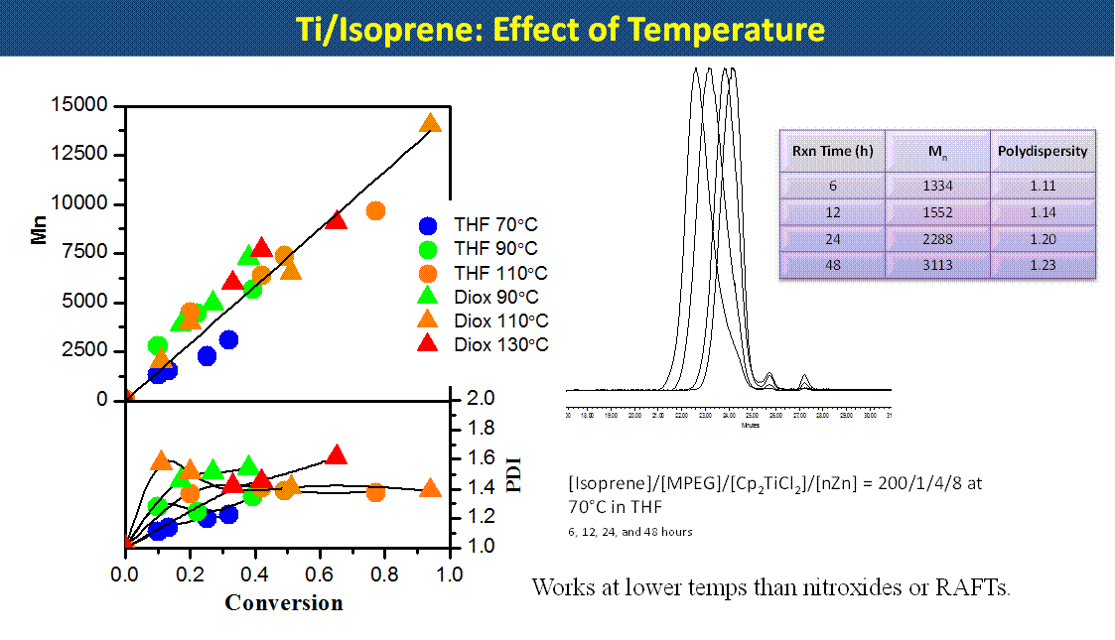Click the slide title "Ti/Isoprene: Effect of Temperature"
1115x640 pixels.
560,29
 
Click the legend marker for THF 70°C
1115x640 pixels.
428,225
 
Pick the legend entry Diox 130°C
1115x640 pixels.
500,344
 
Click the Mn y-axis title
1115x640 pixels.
40,253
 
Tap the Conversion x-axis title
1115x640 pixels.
283,603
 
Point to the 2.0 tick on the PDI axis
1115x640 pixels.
481,399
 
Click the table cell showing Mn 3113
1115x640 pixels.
937,265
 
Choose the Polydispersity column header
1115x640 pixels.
1042,152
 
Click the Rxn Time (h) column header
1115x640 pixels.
832,152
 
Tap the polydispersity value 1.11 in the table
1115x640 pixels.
1042,186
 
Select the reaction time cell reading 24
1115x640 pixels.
832,239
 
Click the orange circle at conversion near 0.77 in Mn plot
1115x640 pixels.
375,210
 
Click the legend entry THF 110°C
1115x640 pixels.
500,273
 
